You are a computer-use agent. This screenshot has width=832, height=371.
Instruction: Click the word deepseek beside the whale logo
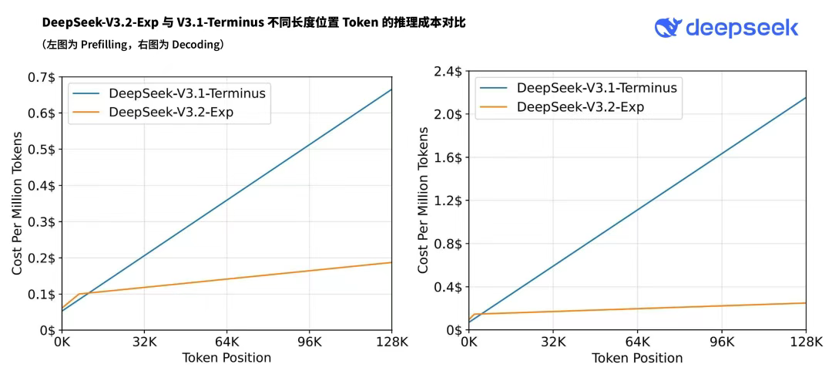point(741,29)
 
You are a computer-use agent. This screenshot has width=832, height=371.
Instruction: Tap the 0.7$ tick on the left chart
point(40,77)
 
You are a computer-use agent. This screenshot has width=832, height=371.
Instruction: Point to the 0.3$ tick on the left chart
point(40,222)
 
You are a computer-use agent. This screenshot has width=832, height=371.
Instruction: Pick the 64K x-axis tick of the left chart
point(226,342)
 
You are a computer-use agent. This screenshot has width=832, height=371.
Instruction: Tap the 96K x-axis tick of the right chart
point(722,342)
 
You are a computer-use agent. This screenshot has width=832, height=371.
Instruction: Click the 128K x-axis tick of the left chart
point(391,342)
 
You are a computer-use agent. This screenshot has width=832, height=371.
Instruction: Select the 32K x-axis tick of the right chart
point(553,342)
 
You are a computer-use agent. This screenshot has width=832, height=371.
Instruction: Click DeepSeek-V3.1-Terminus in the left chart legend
point(187,93)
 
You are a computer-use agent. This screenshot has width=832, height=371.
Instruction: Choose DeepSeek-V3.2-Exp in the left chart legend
point(171,113)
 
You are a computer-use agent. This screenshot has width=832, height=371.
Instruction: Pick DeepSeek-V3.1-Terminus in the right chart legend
point(597,88)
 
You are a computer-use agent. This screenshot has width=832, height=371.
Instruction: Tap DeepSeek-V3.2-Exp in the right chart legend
point(580,107)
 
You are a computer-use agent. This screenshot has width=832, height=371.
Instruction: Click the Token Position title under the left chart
point(226,358)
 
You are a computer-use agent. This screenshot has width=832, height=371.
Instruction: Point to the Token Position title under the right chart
point(637,359)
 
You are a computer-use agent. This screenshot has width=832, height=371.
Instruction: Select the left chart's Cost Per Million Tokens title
point(17,204)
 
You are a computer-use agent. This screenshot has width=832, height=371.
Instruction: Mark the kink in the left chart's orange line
point(78,294)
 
